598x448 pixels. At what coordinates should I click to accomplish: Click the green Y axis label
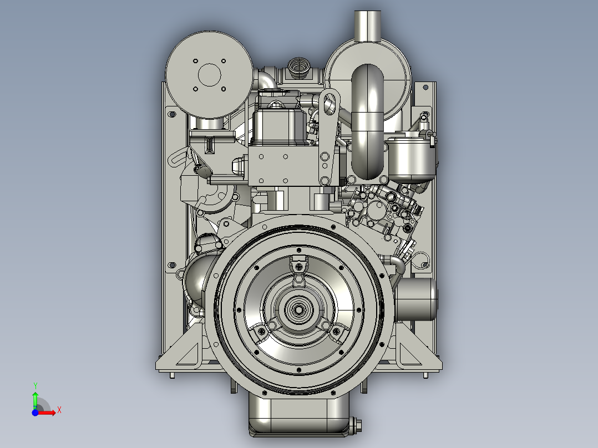[x=35, y=385]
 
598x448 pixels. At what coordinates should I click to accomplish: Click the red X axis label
[x=59, y=410]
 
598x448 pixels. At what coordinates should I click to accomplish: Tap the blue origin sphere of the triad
[x=35, y=413]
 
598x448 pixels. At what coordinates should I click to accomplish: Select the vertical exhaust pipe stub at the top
[x=368, y=26]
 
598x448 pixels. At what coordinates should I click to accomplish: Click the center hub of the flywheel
[x=299, y=309]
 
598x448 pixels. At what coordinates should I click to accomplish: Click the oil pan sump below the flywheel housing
[x=299, y=416]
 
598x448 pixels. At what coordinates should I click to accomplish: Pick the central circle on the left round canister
[x=209, y=75]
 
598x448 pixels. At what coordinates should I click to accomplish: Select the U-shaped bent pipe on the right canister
[x=367, y=122]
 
